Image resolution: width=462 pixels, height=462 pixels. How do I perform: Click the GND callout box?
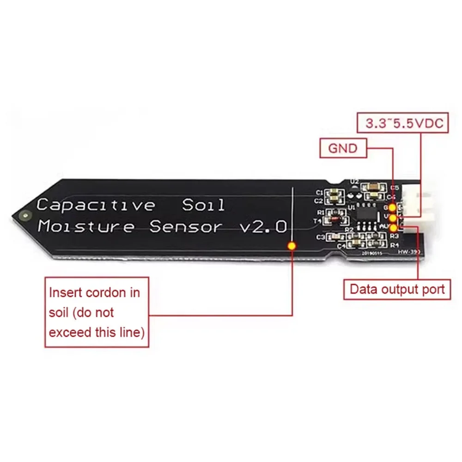click(342, 149)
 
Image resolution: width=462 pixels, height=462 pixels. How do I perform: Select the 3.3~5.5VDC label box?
click(404, 123)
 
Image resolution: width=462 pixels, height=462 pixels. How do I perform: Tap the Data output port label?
click(397, 290)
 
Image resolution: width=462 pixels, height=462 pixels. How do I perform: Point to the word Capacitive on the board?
click(96, 204)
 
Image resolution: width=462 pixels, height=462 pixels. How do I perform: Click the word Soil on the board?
click(203, 205)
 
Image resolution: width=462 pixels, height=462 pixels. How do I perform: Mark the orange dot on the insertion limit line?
click(292, 245)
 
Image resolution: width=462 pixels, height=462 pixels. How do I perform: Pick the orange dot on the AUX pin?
click(393, 227)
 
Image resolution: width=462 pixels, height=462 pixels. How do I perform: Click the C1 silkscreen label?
click(319, 192)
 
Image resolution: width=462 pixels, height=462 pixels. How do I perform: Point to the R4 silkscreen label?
click(394, 245)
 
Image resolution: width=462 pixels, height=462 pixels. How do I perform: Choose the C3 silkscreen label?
click(320, 237)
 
